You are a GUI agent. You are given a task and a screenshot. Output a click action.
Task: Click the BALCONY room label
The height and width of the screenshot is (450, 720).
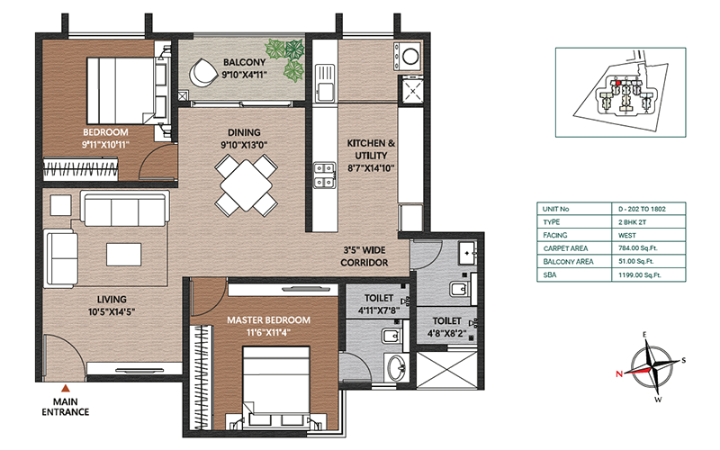(x=244, y=62)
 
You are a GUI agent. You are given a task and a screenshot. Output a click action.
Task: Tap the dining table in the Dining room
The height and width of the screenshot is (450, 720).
(x=246, y=185)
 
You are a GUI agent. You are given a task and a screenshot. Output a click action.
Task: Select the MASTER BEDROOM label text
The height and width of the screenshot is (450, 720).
(x=268, y=320)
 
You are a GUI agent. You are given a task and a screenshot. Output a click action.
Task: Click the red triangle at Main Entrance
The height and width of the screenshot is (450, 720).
(x=66, y=389)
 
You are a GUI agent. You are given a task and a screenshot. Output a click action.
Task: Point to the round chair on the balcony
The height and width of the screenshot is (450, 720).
(x=203, y=73)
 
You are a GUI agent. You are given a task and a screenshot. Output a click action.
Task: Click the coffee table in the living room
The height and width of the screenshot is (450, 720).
(x=123, y=255)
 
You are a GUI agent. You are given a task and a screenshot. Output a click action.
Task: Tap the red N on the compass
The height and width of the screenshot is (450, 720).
(x=619, y=373)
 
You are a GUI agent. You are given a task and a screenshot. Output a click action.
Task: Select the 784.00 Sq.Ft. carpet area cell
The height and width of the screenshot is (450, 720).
(x=638, y=248)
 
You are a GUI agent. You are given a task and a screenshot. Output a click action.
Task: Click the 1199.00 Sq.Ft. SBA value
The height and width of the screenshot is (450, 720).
(x=639, y=275)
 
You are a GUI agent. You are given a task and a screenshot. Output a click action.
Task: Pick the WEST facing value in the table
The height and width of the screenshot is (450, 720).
(x=626, y=235)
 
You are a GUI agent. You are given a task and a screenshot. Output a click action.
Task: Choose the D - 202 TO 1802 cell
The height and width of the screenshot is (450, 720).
(x=642, y=209)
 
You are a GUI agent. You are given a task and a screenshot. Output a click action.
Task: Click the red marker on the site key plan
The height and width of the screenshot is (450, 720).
(x=618, y=83)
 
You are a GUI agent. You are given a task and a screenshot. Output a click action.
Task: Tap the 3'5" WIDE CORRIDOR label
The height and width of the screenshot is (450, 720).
(x=364, y=256)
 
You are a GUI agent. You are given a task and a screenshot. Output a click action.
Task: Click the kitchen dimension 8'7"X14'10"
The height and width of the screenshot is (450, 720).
(x=371, y=168)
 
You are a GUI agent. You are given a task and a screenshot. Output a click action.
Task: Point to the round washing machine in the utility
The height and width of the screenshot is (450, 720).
(x=411, y=57)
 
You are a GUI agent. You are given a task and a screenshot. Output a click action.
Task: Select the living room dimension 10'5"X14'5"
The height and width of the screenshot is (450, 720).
(x=112, y=312)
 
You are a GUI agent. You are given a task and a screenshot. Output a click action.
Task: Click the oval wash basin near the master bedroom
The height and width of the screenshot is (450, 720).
(x=396, y=367)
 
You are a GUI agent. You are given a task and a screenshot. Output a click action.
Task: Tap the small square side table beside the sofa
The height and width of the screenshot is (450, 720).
(x=60, y=205)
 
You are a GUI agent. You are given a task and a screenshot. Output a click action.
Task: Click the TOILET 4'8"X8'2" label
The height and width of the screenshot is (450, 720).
(x=446, y=327)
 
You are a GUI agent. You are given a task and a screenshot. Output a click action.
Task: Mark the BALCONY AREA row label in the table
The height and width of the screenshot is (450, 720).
(x=568, y=262)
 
